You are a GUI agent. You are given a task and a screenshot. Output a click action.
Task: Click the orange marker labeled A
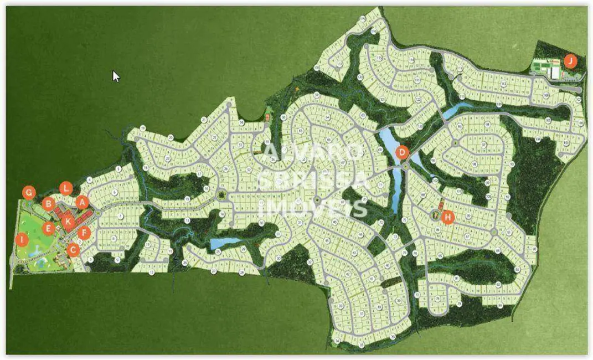point(82,202)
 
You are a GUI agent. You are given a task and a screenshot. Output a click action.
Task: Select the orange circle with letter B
point(48,203)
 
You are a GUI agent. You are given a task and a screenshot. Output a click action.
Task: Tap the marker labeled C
point(73,250)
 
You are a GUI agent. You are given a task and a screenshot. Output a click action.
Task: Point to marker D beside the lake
point(403,152)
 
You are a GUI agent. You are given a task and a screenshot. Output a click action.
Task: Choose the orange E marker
point(48,228)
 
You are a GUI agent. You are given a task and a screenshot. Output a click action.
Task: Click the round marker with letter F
point(84,233)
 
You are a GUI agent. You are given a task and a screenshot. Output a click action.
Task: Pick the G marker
point(29,193)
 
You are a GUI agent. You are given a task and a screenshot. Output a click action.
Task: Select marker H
point(448,217)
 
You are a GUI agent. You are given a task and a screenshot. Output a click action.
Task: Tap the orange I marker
point(21,240)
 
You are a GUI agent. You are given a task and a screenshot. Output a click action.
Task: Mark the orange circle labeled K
point(68,222)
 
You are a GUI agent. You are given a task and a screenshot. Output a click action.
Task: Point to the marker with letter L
point(66,188)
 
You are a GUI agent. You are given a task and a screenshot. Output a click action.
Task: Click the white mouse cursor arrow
point(116,76)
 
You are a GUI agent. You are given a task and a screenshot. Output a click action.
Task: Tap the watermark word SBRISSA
point(314,179)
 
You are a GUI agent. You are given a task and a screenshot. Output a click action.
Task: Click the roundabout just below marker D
point(405,166)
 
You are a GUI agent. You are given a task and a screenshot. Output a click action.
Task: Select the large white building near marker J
point(554,73)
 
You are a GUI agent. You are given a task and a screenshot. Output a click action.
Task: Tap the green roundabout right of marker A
point(97,213)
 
